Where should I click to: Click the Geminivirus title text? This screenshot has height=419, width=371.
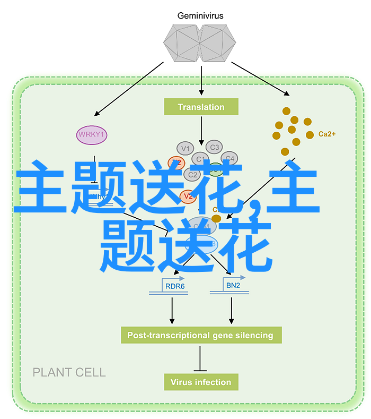pos(201,16)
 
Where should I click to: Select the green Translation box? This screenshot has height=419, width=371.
pos(201,107)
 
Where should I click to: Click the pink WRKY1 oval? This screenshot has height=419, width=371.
pos(92,135)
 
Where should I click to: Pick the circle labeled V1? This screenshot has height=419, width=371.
pos(185,148)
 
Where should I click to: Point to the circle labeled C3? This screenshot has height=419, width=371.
pos(214,147)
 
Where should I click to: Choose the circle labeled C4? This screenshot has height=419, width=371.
pos(229,158)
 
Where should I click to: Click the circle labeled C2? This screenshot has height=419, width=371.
pos(190,173)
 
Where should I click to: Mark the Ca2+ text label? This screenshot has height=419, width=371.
pos(326,134)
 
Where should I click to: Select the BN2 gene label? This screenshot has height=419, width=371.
pos(233,286)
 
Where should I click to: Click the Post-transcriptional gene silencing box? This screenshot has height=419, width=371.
pos(200,335)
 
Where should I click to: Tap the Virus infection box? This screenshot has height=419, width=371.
pos(200,382)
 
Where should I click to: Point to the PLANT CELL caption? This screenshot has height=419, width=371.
pos(69,372)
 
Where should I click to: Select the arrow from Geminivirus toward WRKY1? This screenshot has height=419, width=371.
pos(129,88)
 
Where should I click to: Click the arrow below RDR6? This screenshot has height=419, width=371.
pos(172,310)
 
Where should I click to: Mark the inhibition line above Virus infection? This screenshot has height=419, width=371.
pos(200,357)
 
